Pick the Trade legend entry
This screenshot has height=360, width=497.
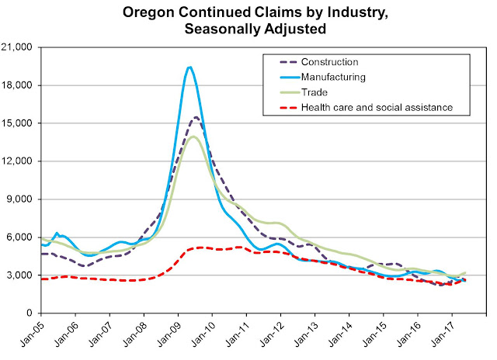(x=335, y=91)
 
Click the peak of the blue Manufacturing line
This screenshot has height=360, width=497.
(x=189, y=67)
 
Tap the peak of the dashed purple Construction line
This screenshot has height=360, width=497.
(x=196, y=117)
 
